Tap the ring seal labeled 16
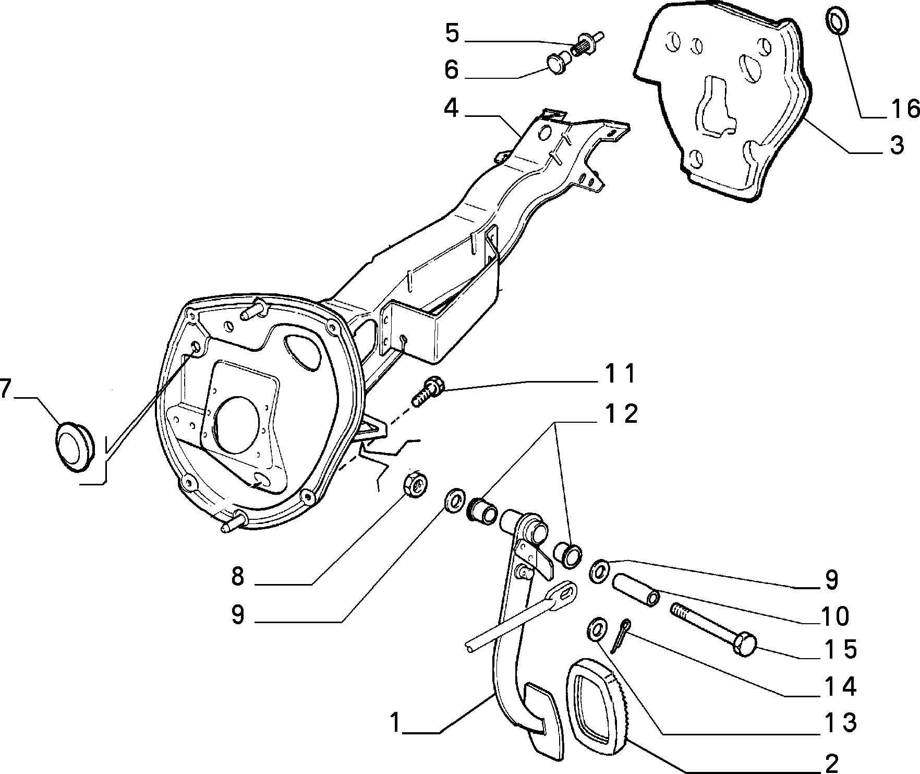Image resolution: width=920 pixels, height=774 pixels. [x=838, y=20]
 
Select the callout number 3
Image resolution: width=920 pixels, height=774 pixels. [x=897, y=146]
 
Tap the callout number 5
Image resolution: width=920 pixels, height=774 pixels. [x=452, y=33]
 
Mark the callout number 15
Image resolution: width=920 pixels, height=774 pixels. [x=841, y=650]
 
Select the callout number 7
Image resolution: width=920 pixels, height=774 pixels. [x=5, y=389]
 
